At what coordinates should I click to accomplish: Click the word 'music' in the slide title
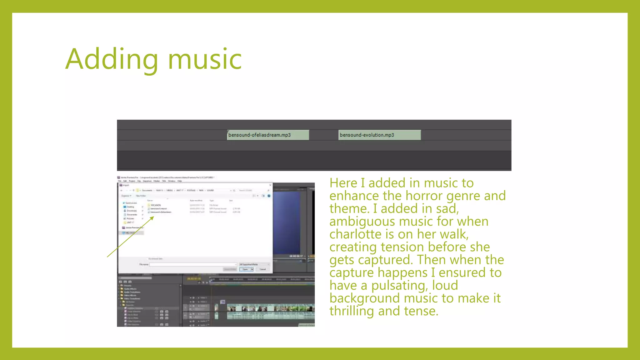[x=205, y=59]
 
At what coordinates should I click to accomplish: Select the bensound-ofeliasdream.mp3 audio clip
[x=268, y=135]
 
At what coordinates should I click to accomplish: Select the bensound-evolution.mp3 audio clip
[x=379, y=135]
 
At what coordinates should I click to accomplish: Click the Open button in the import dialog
[x=245, y=269]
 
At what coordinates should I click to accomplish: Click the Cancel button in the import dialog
[x=262, y=269]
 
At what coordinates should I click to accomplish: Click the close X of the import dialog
[x=270, y=185]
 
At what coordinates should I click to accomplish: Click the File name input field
[x=192, y=264]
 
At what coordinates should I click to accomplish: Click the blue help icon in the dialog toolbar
[x=269, y=196]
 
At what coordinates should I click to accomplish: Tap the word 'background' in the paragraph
[x=364, y=298]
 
